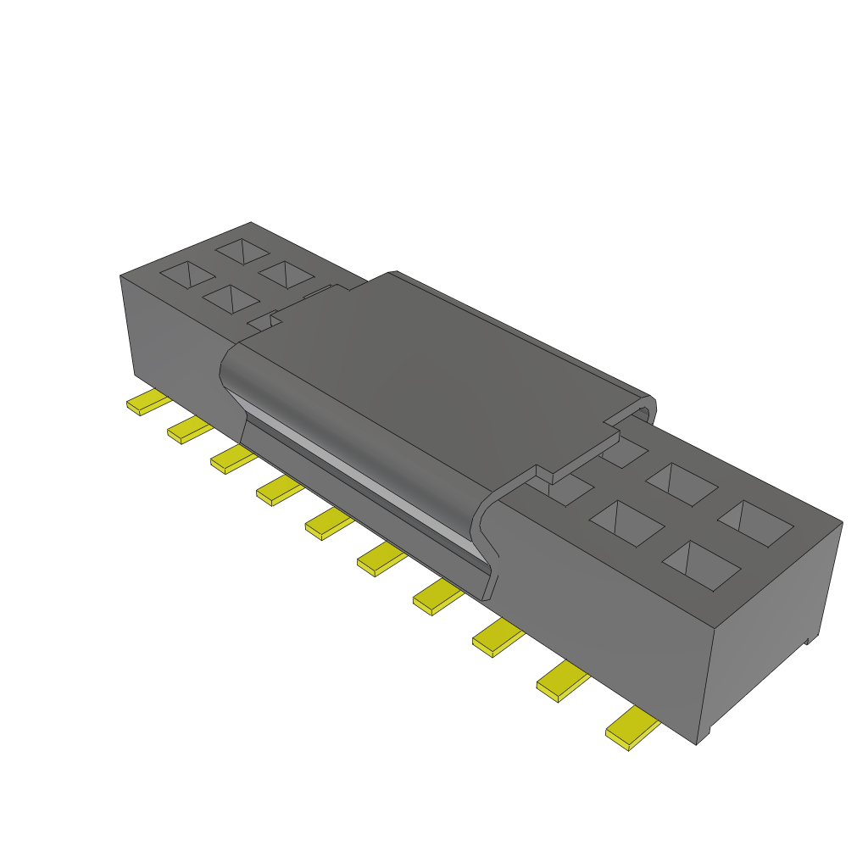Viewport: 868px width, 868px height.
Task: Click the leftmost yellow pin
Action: [147, 403]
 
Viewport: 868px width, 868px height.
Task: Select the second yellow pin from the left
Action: [188, 431]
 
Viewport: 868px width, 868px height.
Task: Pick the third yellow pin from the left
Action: [232, 459]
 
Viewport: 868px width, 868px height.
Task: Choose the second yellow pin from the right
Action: [562, 682]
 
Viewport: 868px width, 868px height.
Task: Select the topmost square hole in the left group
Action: [242, 250]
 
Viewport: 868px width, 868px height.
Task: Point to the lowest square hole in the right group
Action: [701, 565]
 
